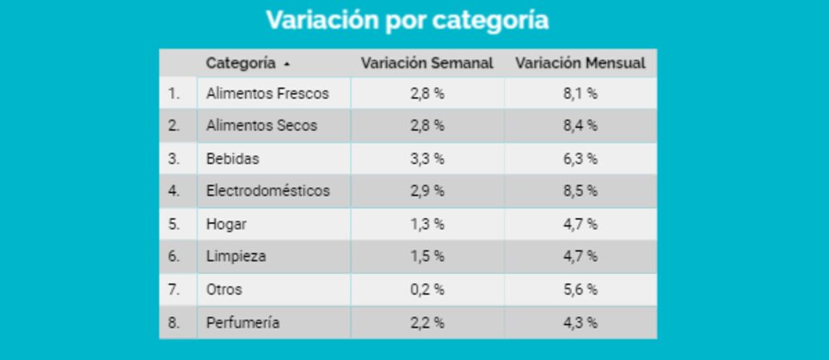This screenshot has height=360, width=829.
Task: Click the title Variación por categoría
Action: pos(407,20)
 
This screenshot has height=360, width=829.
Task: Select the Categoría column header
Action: pos(240,63)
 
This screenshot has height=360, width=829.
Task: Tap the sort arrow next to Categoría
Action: pos(287,64)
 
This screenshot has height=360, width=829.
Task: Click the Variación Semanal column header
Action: pos(427,63)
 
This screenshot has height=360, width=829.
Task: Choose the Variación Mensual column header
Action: pos(580,63)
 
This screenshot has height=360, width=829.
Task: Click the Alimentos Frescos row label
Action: pos(267,94)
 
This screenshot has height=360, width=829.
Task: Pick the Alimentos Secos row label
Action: pos(261,126)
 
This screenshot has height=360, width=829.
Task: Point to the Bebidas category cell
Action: pos(232,158)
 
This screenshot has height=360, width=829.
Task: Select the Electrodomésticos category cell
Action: pos(268,191)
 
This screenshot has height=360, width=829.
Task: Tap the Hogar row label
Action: pos(226,224)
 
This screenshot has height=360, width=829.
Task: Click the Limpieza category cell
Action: pos(236,256)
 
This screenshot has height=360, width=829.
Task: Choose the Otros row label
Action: pos(224,289)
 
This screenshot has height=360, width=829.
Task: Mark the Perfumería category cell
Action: pos(243,323)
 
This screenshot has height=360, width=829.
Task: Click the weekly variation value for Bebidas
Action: pos(427,158)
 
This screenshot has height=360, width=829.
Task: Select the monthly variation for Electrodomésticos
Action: pos(580,191)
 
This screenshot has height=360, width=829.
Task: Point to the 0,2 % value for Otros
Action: pos(427,289)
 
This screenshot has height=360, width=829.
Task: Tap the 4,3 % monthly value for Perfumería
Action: pos(580,323)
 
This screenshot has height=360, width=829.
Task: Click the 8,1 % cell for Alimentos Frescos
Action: pos(580,94)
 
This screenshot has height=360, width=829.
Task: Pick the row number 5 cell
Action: pos(173,224)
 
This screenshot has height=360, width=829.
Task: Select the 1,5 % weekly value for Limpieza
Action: pos(427,256)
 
